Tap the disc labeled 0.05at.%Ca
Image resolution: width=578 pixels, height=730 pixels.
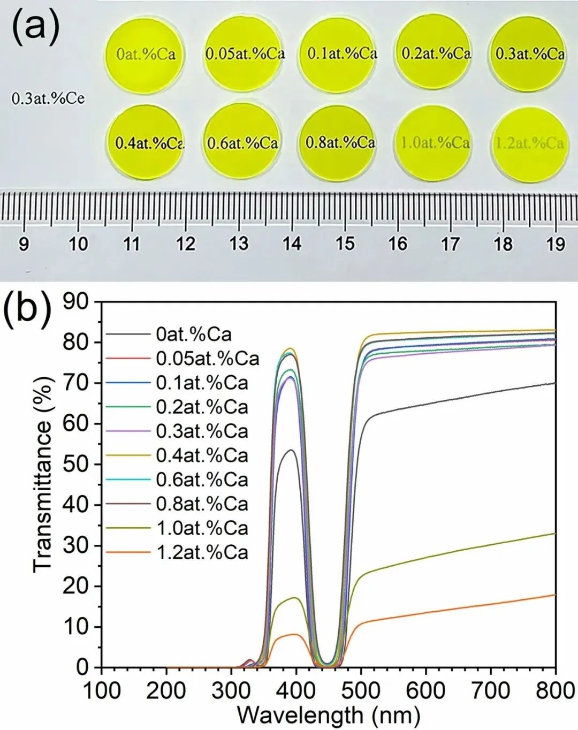click(x=245, y=54)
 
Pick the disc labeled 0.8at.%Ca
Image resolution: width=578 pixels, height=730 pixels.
click(x=340, y=142)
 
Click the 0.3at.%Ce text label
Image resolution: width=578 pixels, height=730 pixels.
click(x=48, y=98)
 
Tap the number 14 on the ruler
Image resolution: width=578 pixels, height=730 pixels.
click(x=292, y=244)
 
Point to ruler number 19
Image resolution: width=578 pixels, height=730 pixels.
click(x=556, y=244)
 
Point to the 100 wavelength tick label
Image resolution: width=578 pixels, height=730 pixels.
click(x=102, y=691)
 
